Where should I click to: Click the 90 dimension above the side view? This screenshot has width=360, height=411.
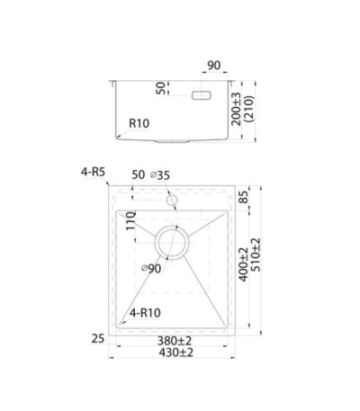click(214, 66)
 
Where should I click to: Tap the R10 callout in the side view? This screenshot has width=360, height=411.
click(139, 123)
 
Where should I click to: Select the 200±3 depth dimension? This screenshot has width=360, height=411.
click(237, 109)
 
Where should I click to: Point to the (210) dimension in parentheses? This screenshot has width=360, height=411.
click(249, 109)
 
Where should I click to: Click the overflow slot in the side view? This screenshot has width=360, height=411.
click(202, 95)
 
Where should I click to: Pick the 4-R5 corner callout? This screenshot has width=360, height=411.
click(93, 172)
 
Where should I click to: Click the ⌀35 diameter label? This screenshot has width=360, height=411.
click(160, 175)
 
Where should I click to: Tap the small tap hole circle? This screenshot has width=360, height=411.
click(172, 200)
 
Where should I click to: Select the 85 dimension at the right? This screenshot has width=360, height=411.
click(245, 197)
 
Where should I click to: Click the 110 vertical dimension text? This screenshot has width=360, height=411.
click(131, 220)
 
